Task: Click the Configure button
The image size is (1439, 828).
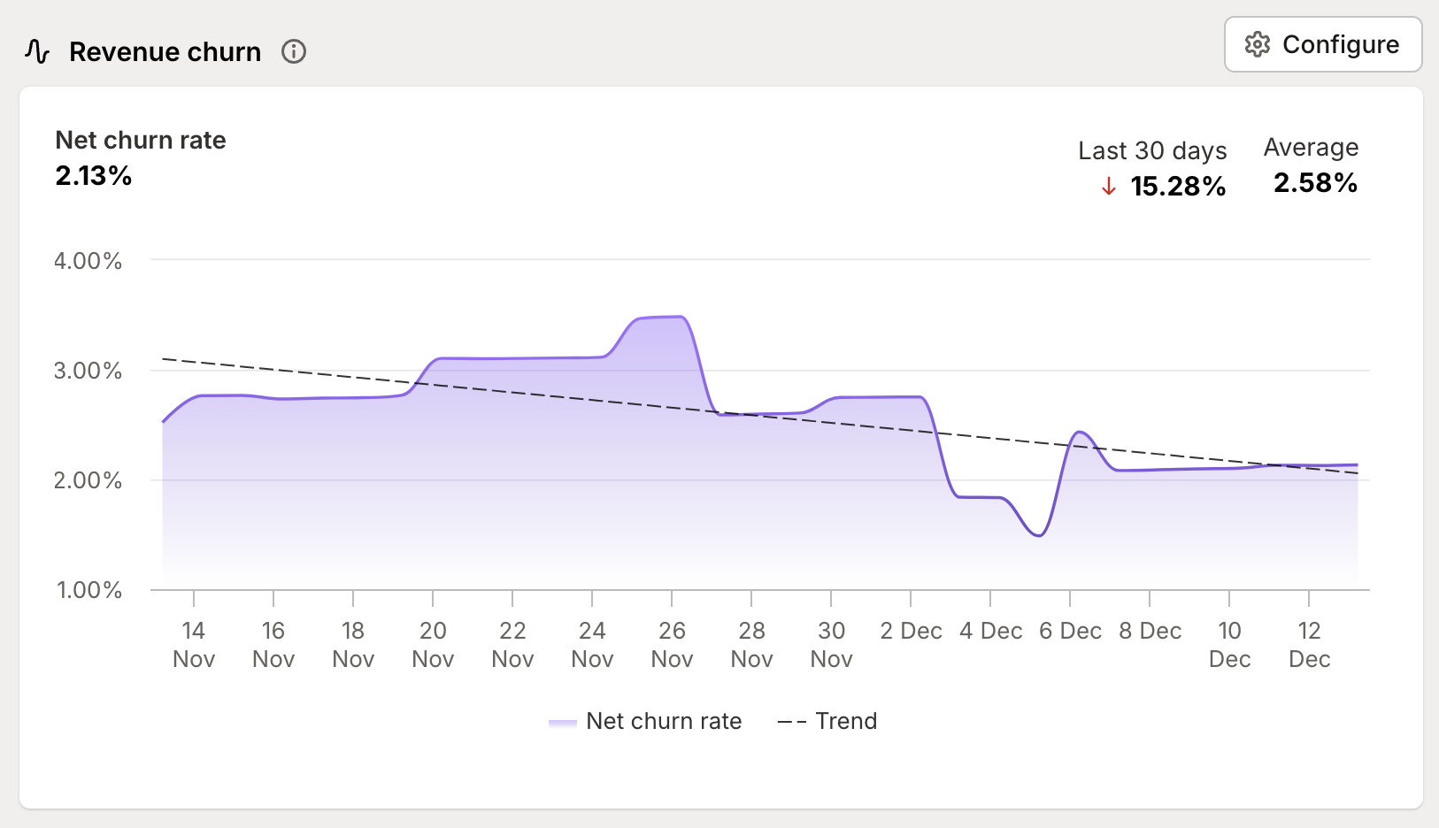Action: [x=1322, y=44]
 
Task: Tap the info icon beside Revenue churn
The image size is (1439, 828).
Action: [x=294, y=52]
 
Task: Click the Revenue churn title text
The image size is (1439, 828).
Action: [x=165, y=52]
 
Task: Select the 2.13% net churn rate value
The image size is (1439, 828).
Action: [x=94, y=176]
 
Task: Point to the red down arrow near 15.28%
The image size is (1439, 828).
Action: [x=1108, y=187]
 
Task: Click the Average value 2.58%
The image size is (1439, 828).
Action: [x=1315, y=183]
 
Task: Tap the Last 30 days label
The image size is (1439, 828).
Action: [x=1151, y=150]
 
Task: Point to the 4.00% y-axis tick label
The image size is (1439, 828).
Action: [x=88, y=261]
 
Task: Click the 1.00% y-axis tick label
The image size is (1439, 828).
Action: [x=89, y=590]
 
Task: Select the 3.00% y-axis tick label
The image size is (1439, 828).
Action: [x=88, y=371]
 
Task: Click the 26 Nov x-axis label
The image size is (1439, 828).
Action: [x=672, y=644]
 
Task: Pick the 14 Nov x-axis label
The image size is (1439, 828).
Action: [x=194, y=644]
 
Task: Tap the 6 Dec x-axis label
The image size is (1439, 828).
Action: [x=1070, y=631]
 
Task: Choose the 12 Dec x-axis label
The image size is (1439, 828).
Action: [x=1309, y=644]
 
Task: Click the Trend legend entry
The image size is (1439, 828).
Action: [x=827, y=721]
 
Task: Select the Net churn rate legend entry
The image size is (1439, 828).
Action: [x=645, y=721]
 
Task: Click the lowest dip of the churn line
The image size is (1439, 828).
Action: [x=1040, y=535]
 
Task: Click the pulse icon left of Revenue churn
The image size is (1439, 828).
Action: [x=37, y=51]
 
